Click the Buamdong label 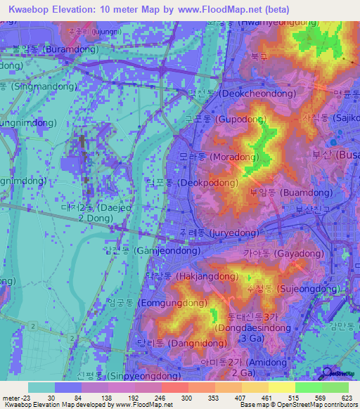(x=285, y=192)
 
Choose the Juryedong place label (x=218, y=232)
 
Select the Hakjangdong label (x=185, y=276)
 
